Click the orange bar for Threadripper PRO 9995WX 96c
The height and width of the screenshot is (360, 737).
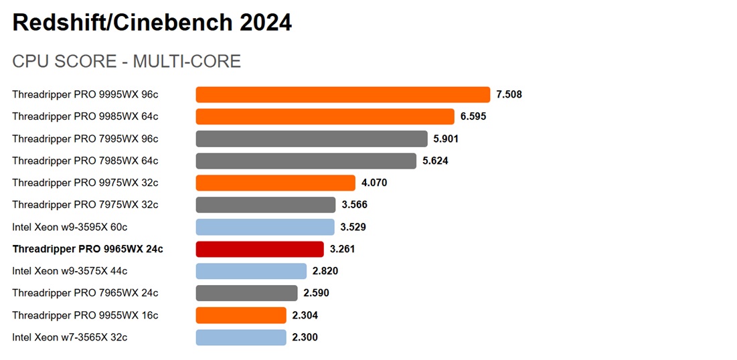coord(343,94)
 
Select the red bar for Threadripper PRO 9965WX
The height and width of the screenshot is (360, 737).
coord(260,249)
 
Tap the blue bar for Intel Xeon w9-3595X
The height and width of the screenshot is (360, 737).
coord(265,227)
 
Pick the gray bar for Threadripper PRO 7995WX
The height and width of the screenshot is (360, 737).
coord(311,139)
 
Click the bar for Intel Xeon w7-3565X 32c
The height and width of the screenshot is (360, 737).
coord(241,337)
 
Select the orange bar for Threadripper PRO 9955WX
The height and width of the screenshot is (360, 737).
coord(241,315)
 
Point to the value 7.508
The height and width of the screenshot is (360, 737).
coord(509,94)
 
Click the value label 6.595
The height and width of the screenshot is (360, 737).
coord(473,116)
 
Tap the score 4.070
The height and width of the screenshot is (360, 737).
coord(374,183)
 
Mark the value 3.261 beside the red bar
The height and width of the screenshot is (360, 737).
coord(342,249)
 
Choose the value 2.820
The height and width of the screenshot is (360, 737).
coord(325,271)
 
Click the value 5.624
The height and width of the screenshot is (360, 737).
coord(435,161)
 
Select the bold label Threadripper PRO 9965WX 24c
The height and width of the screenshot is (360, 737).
coord(87,249)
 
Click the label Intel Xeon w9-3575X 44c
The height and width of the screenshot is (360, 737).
coord(70,271)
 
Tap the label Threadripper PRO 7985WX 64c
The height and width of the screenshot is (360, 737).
coord(85,161)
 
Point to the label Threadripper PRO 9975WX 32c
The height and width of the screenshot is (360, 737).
coord(85,183)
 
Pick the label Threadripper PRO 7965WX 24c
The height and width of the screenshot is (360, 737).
coord(85,293)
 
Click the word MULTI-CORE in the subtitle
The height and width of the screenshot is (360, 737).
coord(187,62)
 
